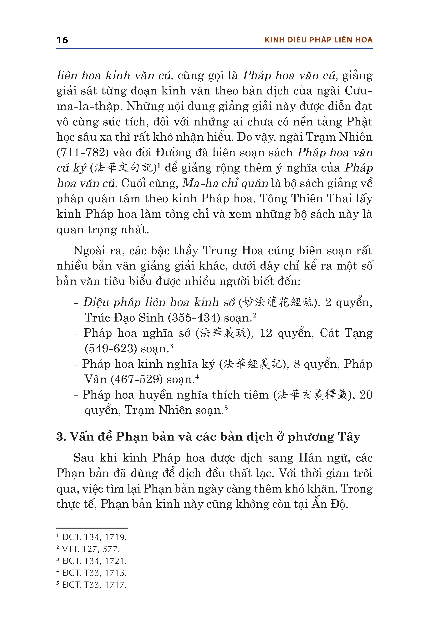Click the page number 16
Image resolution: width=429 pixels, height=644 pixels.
(x=62, y=40)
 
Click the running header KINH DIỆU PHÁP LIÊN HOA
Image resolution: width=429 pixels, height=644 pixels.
(x=318, y=40)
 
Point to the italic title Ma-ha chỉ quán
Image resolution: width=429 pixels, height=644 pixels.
(x=225, y=183)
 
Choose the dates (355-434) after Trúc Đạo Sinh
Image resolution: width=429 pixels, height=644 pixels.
(x=194, y=318)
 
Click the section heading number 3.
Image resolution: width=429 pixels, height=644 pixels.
(x=61, y=437)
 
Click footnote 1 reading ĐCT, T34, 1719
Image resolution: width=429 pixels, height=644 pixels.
(x=92, y=537)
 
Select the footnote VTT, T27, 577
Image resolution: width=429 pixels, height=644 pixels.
(x=88, y=549)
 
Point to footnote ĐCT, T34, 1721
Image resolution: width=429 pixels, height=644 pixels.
(x=92, y=561)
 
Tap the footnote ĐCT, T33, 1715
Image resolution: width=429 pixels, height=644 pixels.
(x=92, y=573)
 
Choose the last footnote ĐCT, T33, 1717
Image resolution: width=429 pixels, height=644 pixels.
(x=92, y=585)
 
